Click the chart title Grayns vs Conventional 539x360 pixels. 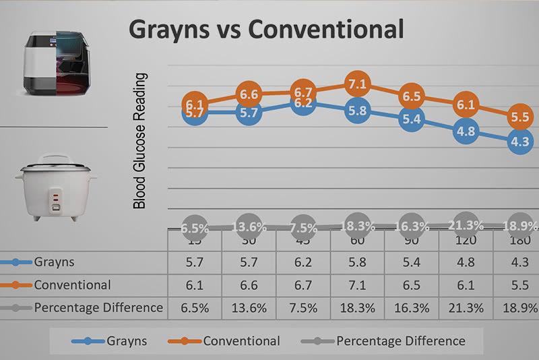(x=266, y=29)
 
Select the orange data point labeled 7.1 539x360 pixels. (x=357, y=85)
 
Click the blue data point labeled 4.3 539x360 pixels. (x=520, y=142)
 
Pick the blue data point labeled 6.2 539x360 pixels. (x=303, y=104)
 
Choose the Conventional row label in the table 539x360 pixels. (x=72, y=285)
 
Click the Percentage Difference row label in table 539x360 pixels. (x=98, y=307)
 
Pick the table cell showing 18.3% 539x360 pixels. (x=356, y=307)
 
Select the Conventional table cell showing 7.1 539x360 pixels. (x=356, y=285)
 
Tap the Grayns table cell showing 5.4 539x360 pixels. (x=411, y=262)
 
